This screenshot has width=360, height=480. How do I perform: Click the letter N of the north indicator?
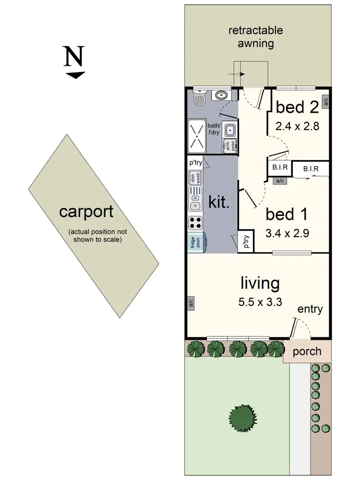click(x=74, y=58)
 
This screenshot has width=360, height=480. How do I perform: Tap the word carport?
click(x=86, y=212)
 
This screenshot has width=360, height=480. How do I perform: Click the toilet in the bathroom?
click(x=198, y=99)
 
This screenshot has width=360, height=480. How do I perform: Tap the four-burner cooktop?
click(x=196, y=222)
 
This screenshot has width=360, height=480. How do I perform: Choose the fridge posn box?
click(x=196, y=243)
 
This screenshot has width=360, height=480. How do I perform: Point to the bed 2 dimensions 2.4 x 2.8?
click(x=297, y=126)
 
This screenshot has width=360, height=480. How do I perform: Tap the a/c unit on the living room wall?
click(x=191, y=303)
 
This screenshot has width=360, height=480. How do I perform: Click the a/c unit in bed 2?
click(x=325, y=101)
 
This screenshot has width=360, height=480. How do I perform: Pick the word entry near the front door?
click(x=310, y=309)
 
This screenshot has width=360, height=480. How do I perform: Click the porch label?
click(x=307, y=351)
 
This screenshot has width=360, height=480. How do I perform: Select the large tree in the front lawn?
click(x=242, y=417)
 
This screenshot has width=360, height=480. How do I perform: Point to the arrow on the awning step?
click(x=237, y=74)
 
